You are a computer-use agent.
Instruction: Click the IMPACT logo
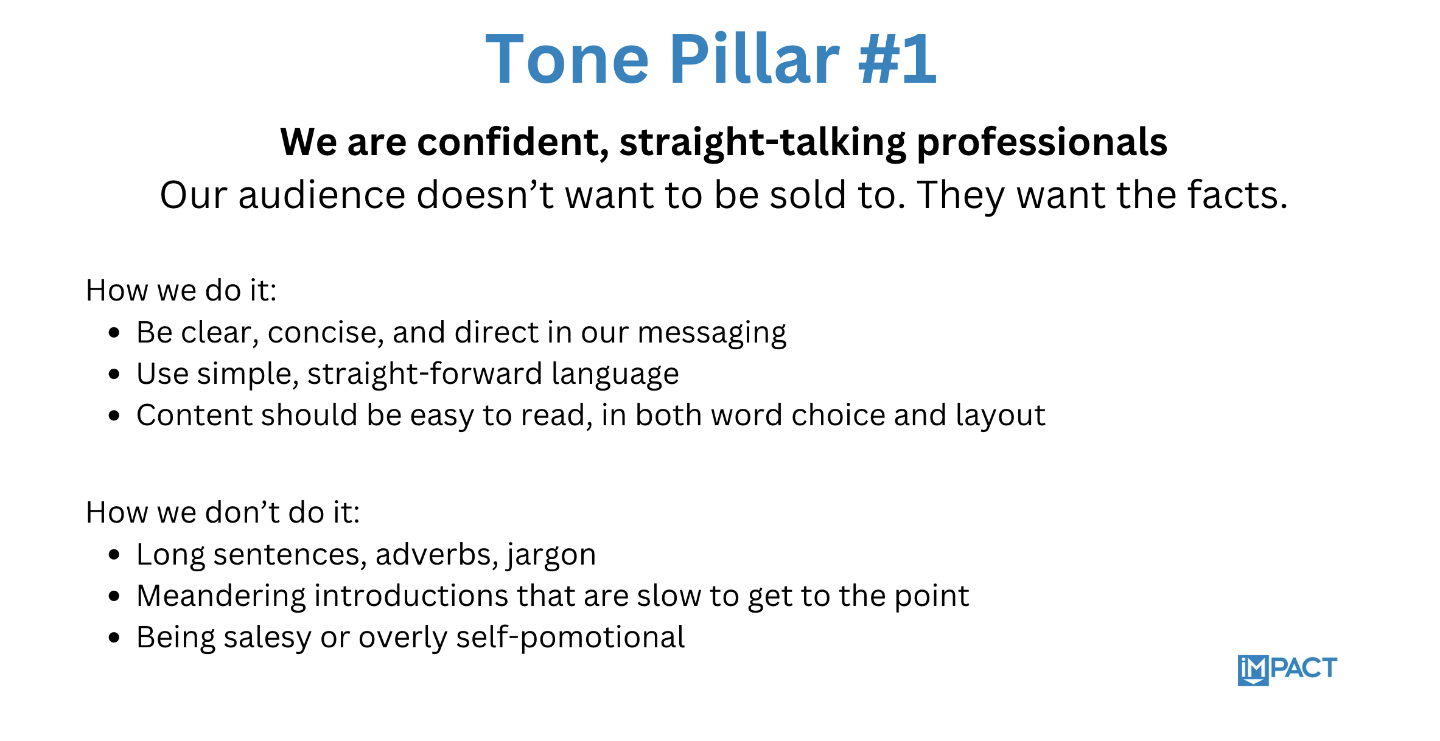1287,670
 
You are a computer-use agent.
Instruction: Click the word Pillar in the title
755,60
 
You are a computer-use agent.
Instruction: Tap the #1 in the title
897,60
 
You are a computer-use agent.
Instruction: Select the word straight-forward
424,374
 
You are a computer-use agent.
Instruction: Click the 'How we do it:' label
181,290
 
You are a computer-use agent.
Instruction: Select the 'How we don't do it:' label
223,512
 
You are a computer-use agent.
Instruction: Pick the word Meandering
221,597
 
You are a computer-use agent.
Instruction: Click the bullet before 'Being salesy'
114,638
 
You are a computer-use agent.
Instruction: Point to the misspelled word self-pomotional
570,638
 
